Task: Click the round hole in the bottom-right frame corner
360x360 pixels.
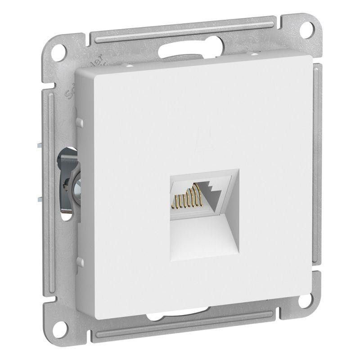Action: pos(302,330)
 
